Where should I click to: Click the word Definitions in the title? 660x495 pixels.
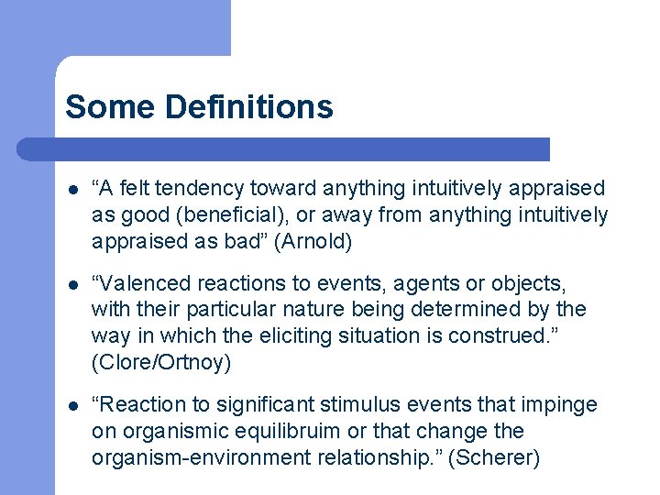(x=248, y=107)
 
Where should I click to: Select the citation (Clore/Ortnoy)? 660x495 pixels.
(x=161, y=362)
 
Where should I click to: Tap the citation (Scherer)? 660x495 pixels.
(x=500, y=457)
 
